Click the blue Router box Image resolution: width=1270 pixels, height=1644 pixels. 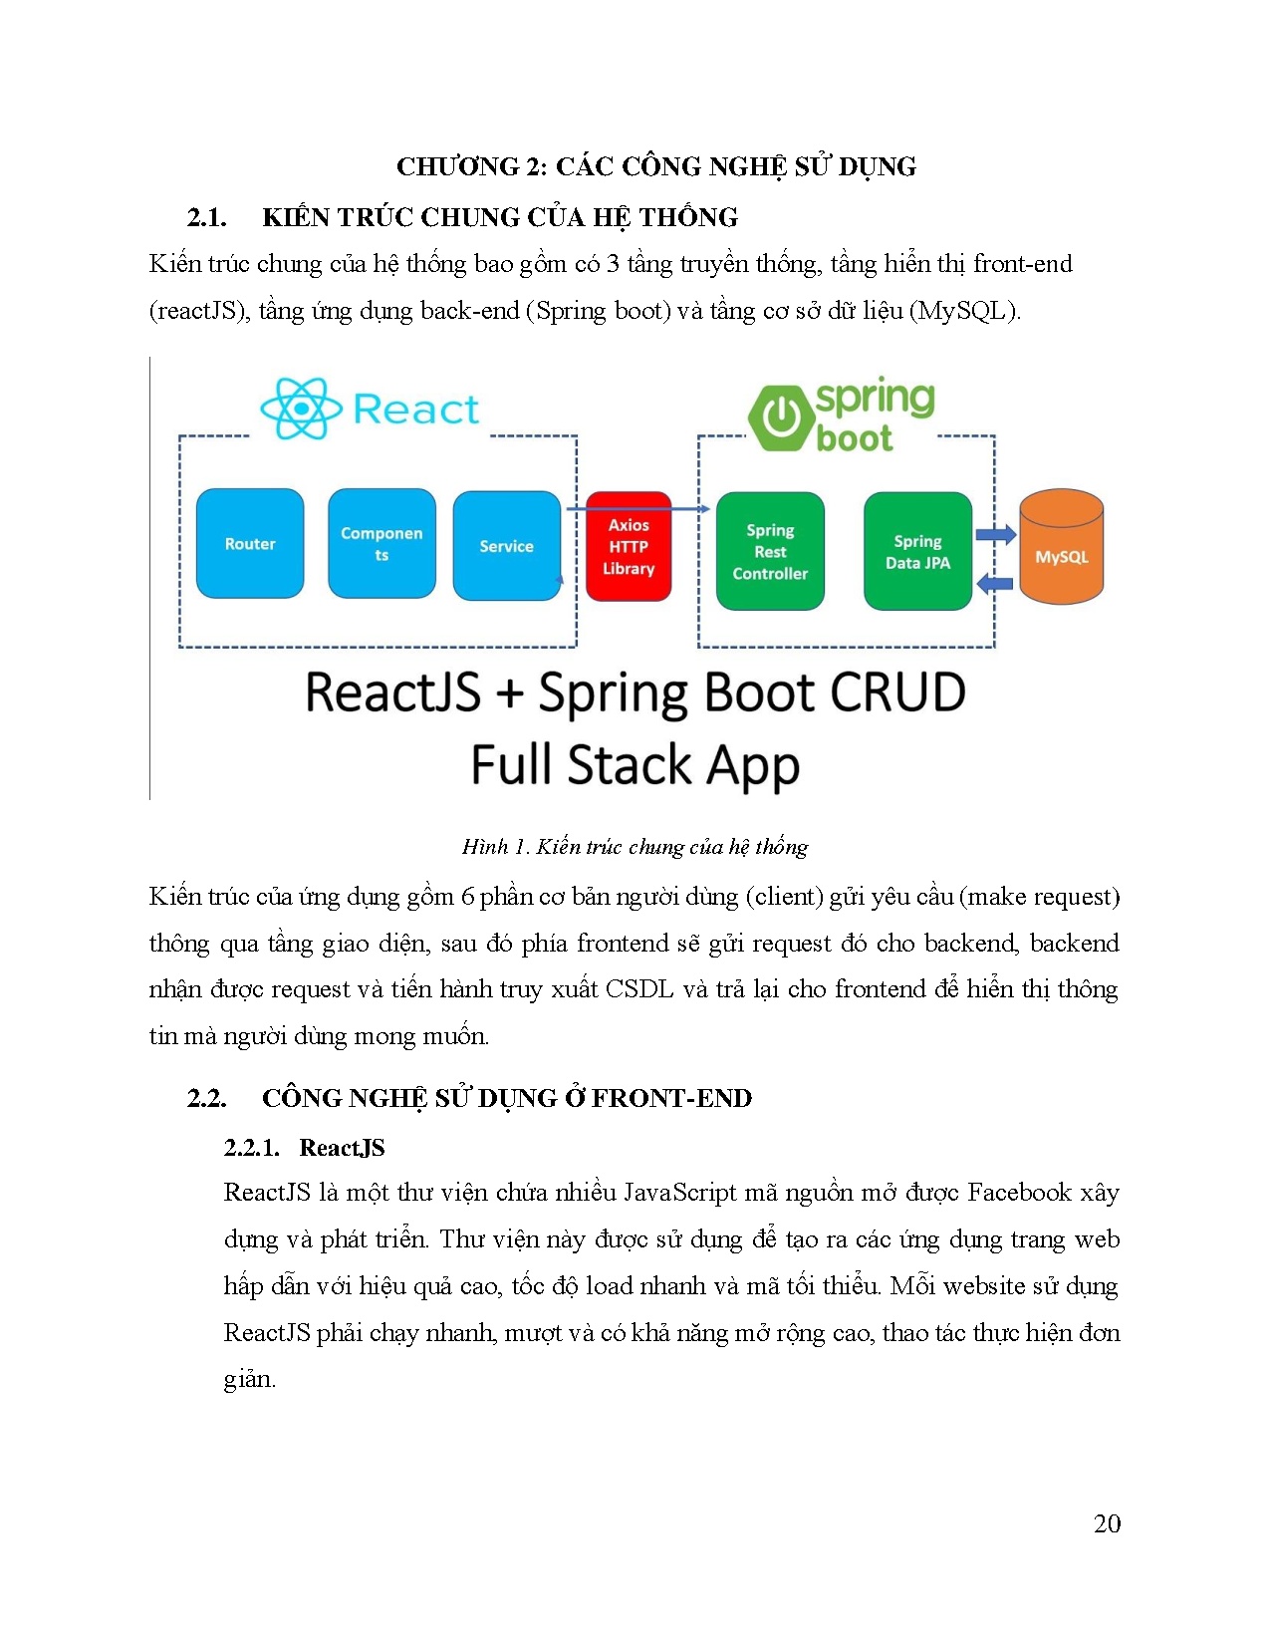250,544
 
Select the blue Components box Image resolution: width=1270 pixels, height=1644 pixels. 381,544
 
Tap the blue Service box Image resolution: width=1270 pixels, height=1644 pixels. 506,546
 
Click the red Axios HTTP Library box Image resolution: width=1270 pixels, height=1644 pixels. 629,547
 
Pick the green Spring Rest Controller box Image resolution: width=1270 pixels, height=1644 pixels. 770,551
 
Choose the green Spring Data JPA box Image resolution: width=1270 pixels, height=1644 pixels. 917,551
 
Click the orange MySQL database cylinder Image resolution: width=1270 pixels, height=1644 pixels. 1061,548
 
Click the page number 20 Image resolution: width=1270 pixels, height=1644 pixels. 1107,1523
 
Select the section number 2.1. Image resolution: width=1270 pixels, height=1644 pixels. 206,217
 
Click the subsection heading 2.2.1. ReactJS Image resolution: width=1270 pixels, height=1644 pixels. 304,1148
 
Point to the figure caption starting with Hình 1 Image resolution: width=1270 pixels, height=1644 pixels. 635,847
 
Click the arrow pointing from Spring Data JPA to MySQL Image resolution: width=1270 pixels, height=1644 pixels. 994,535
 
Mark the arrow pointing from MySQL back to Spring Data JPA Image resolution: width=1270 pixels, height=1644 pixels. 994,583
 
